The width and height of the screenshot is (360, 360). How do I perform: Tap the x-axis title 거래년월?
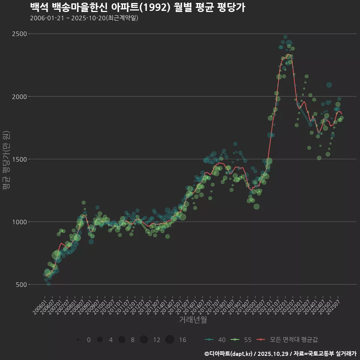pyautogui.click(x=193, y=319)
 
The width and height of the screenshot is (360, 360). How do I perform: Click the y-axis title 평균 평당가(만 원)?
pyautogui.click(x=6, y=160)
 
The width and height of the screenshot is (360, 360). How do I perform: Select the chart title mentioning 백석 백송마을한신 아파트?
pyautogui.click(x=137, y=7)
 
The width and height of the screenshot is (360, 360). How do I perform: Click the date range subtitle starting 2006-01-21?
pyautogui.click(x=84, y=18)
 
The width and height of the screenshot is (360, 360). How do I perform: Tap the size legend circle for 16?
pyautogui.click(x=169, y=340)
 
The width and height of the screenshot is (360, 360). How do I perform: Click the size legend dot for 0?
pyautogui.click(x=78, y=340)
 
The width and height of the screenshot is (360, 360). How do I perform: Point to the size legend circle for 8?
pyautogui.click(x=122, y=340)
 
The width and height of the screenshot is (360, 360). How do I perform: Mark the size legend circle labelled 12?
pyautogui.click(x=144, y=340)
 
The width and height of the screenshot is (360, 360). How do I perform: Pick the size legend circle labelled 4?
pyautogui.click(x=100, y=340)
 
